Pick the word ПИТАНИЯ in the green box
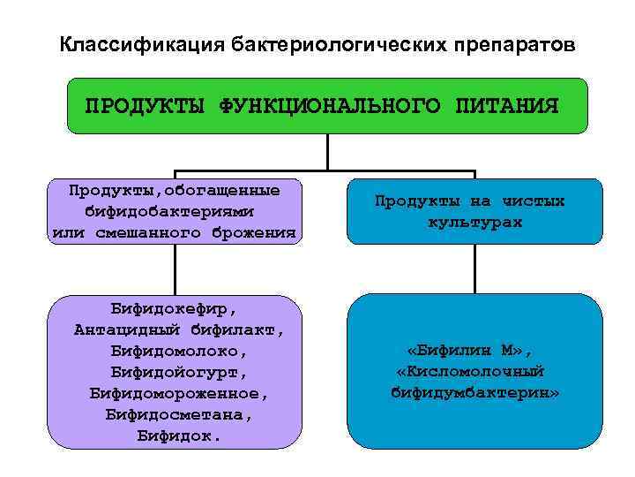pos(507,107)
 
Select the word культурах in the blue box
pos(475,222)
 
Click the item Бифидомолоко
pos(175,352)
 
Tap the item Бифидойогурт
pos(175,372)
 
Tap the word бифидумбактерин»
pos(474,391)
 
